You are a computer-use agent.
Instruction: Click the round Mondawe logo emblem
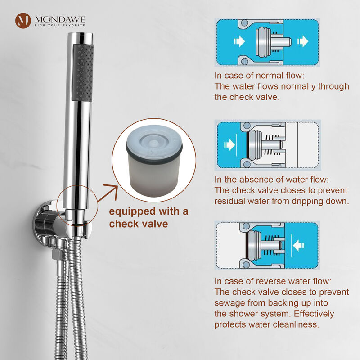tap(23, 21)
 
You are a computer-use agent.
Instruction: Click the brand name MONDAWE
tap(59, 18)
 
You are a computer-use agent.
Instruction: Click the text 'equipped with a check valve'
tap(148, 217)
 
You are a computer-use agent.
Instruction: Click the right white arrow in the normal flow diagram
tap(303, 42)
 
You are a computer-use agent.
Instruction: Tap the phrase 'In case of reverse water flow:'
tap(273, 281)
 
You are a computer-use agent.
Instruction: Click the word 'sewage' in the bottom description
tap(234, 303)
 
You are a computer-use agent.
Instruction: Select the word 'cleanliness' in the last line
tap(293, 324)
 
